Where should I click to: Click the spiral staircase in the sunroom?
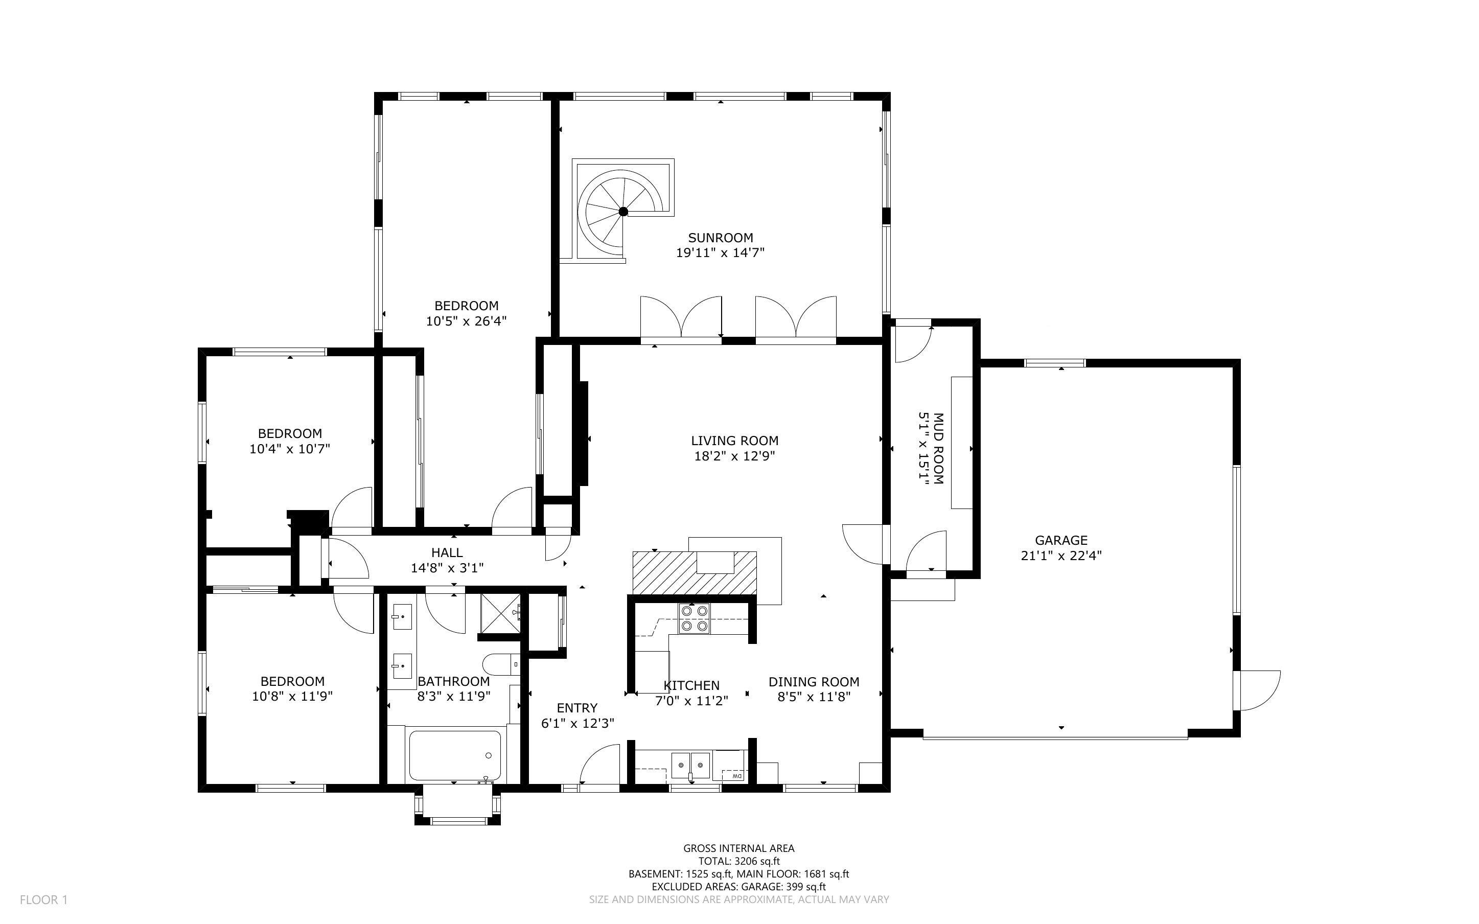click(x=623, y=212)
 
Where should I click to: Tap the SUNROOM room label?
click(x=720, y=238)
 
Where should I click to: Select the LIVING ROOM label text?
click(x=734, y=441)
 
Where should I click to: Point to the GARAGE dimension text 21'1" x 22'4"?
click(x=1060, y=556)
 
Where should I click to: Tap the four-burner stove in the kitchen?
click(x=694, y=618)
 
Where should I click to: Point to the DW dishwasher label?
click(x=736, y=776)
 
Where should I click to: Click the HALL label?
click(x=447, y=552)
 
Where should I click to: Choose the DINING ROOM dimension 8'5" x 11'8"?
click(x=814, y=697)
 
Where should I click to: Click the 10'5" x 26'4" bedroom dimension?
click(x=466, y=321)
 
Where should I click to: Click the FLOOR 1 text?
click(x=43, y=899)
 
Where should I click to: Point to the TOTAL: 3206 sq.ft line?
click(x=738, y=861)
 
